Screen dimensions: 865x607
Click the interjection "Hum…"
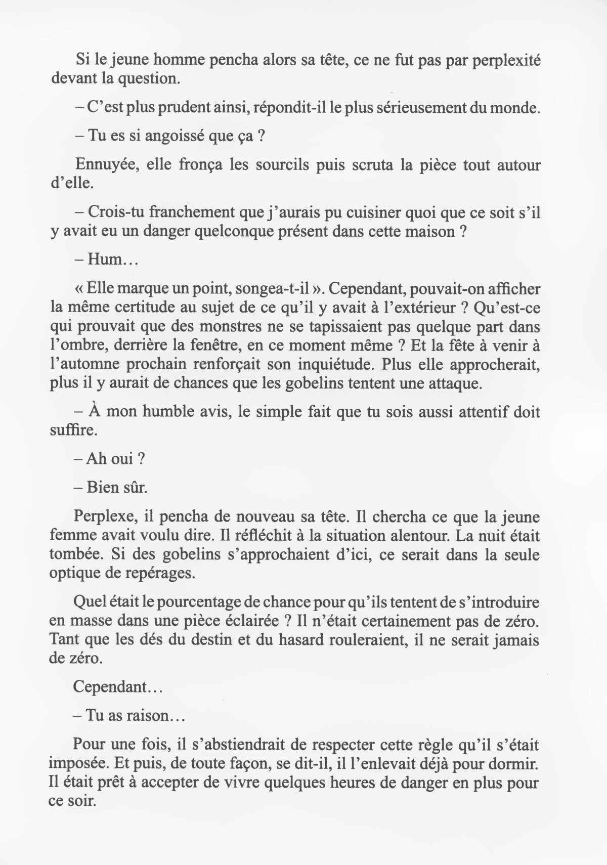(106, 260)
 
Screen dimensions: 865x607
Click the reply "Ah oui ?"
(110, 459)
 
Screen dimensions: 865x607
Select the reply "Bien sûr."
(110, 488)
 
